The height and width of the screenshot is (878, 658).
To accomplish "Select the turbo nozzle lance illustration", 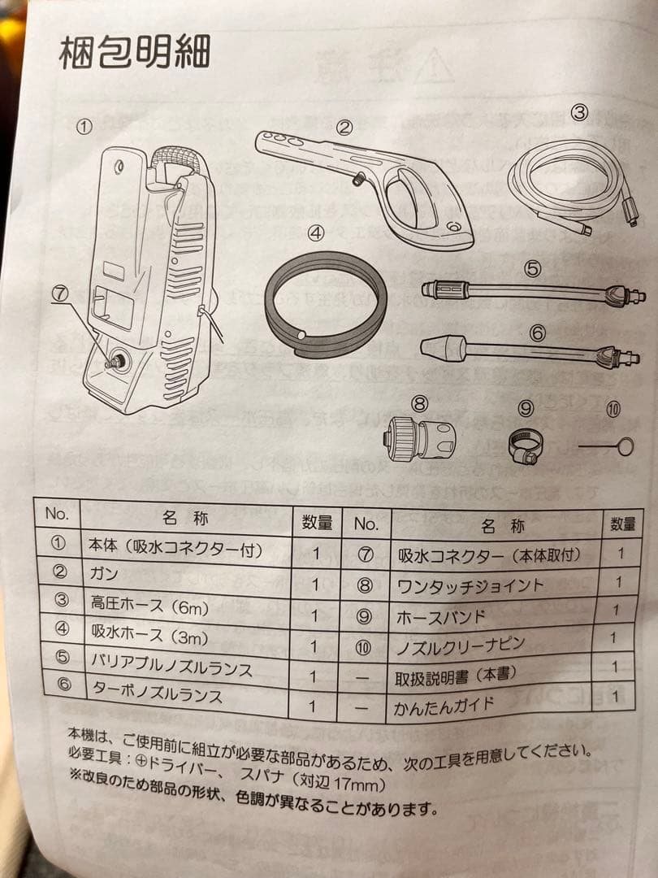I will (528, 352).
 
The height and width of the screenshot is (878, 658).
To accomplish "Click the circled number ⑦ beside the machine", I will (63, 295).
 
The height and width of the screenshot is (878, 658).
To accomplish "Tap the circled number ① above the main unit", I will (84, 127).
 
